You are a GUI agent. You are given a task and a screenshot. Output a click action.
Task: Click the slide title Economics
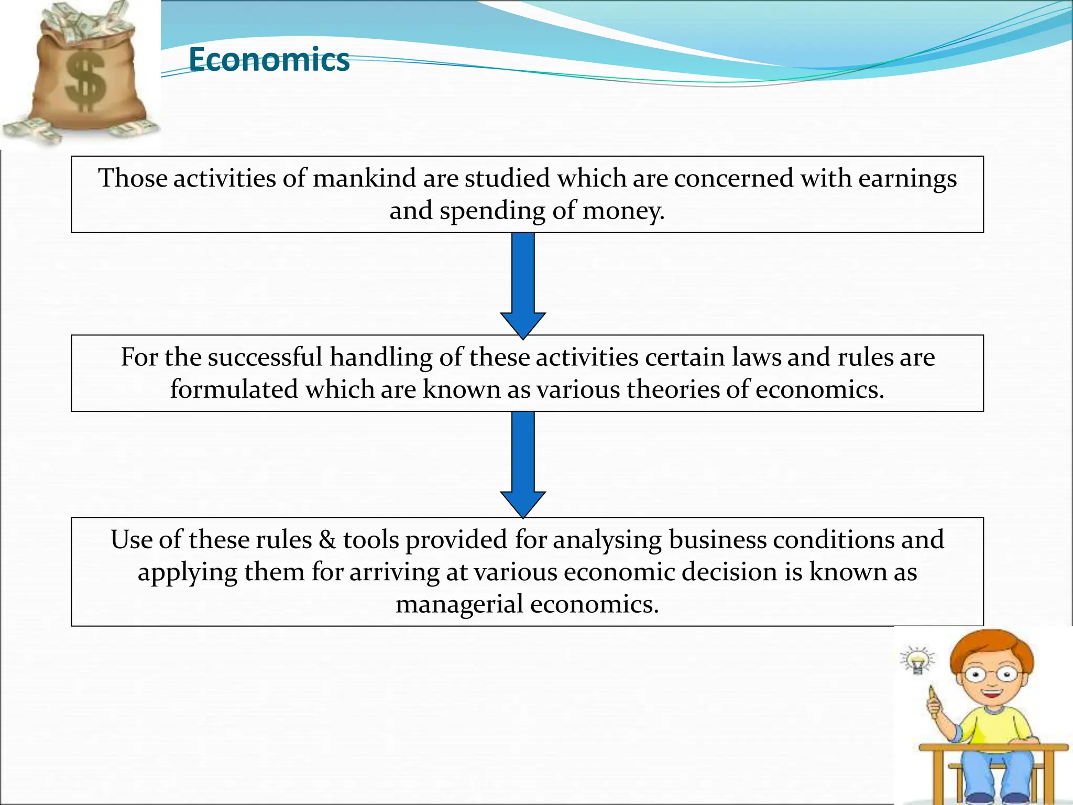pos(269,59)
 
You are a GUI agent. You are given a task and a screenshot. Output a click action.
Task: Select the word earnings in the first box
pos(907,179)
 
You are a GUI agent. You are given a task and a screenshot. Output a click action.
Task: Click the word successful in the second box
pos(265,357)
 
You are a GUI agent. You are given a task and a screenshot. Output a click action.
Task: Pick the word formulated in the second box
pos(234,390)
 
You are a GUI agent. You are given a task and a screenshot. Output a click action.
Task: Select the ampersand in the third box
pos(327,540)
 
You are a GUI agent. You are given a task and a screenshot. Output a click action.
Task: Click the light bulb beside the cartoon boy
pos(917,659)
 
